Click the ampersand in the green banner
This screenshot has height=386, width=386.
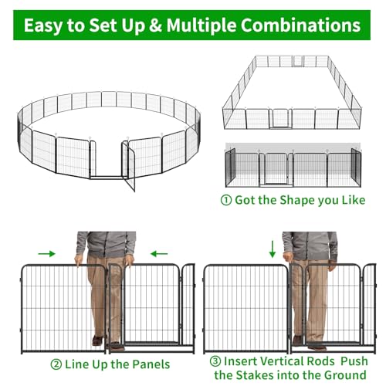pyautogui.click(x=155, y=25)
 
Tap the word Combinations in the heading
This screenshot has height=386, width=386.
pyautogui.click(x=300, y=25)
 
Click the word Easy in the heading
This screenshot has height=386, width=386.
pyautogui.click(x=43, y=26)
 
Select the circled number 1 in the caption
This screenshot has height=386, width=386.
pyautogui.click(x=226, y=200)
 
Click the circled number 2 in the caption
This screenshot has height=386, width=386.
pyautogui.click(x=56, y=364)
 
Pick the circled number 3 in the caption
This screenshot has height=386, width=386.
pyautogui.click(x=215, y=361)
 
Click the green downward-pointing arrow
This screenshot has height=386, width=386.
pyautogui.click(x=273, y=249)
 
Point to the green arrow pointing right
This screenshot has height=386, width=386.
pyautogui.click(x=46, y=254)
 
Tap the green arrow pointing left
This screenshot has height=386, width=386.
pyautogui.click(x=159, y=254)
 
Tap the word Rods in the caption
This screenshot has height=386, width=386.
pyautogui.click(x=321, y=361)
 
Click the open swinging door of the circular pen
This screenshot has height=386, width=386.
pyautogui.click(x=128, y=166)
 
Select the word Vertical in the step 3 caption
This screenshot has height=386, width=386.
pyautogui.click(x=281, y=361)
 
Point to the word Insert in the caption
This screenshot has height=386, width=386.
pyautogui.click(x=240, y=361)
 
